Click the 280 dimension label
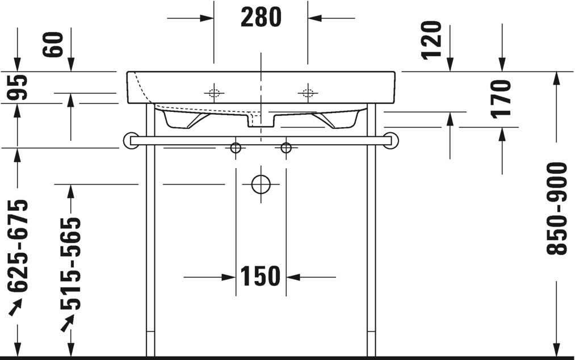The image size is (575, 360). [261, 18]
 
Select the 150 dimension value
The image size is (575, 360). [261, 277]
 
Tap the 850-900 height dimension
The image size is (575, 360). [559, 208]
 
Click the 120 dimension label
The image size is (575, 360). [432, 40]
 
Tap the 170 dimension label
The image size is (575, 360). [502, 98]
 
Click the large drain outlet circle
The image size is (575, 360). [261, 184]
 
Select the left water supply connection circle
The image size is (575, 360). [236, 148]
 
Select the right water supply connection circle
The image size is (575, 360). [286, 148]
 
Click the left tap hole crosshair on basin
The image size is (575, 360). [214, 93]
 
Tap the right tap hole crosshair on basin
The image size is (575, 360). [308, 93]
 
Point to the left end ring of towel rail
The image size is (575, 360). [130, 140]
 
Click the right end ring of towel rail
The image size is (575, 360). [391, 140]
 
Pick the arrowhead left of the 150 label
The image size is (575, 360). [228, 277]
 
